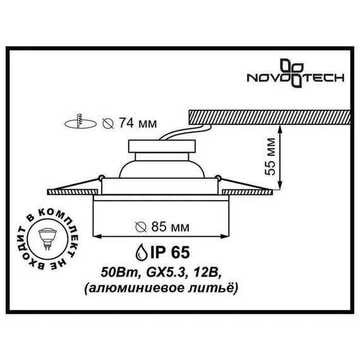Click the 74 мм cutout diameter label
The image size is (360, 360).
129,123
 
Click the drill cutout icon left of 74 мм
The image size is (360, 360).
80,123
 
